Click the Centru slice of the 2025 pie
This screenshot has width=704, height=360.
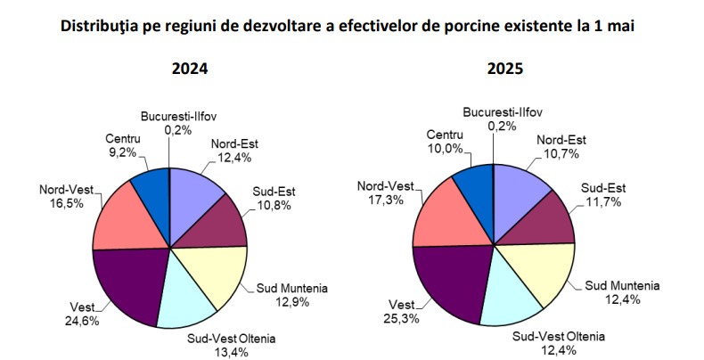tap(472, 183)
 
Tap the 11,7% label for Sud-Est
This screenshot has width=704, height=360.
tap(606, 202)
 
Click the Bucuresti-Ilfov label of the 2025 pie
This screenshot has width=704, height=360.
tap(503, 113)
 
